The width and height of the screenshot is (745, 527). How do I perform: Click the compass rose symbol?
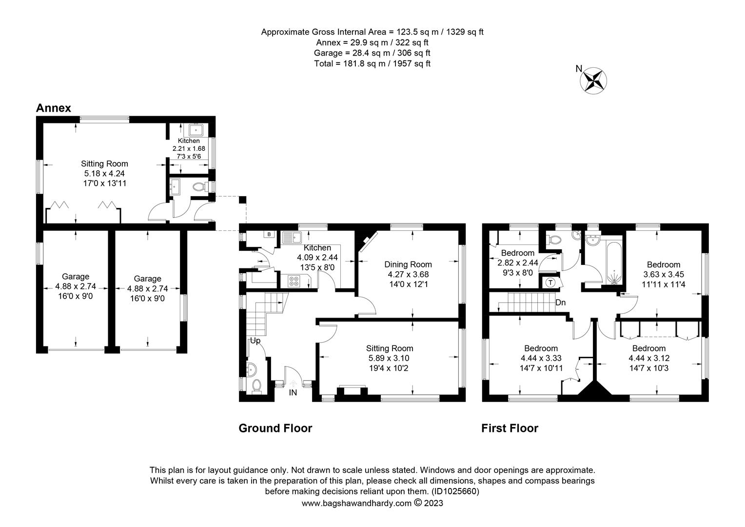pyautogui.click(x=593, y=81)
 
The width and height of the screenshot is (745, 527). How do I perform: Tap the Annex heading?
pyautogui.click(x=54, y=108)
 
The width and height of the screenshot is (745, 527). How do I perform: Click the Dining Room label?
pyautogui.click(x=408, y=264)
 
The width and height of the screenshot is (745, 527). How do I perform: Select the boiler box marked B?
pyautogui.click(x=269, y=234)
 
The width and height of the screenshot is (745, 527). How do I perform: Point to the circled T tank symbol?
pyautogui.click(x=551, y=283)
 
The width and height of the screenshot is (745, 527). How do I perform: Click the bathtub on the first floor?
pyautogui.click(x=614, y=263)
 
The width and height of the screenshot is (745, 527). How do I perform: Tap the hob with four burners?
pyautogui.click(x=294, y=282)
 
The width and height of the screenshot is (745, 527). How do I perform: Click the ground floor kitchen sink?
pyautogui.click(x=292, y=237)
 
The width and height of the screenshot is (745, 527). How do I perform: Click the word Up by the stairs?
pyautogui.click(x=255, y=341)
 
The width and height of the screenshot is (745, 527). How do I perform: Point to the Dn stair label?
pyautogui.click(x=560, y=303)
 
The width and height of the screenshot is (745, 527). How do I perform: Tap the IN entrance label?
pyautogui.click(x=293, y=393)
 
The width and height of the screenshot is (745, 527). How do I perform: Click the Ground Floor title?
pyautogui.click(x=275, y=428)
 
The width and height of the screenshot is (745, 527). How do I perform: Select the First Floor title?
pyautogui.click(x=510, y=428)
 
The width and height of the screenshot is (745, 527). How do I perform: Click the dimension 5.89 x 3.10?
pyautogui.click(x=389, y=358)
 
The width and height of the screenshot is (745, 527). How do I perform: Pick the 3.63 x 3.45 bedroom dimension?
pyautogui.click(x=663, y=275)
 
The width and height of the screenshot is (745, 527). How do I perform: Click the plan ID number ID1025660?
pyautogui.click(x=455, y=491)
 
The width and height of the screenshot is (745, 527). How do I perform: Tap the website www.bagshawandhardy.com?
pyautogui.click(x=356, y=503)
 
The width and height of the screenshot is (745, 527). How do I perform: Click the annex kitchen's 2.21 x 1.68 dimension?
pyautogui.click(x=189, y=148)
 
